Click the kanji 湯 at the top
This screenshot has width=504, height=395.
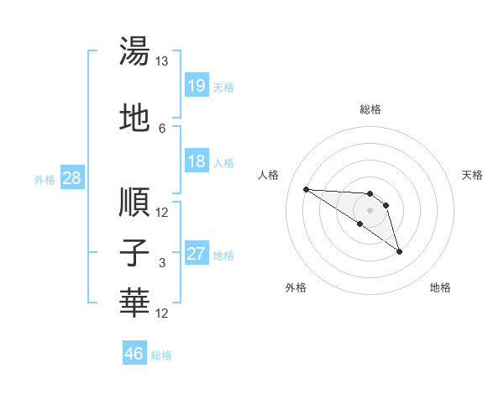(135, 52)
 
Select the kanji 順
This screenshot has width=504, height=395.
(135, 202)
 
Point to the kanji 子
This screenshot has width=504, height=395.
(135, 253)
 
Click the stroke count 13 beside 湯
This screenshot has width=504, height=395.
(162, 61)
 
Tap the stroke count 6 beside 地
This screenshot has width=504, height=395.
(162, 128)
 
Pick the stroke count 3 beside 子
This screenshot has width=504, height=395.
(162, 263)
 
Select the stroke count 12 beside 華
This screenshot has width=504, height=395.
(162, 313)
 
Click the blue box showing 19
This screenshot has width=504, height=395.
(196, 86)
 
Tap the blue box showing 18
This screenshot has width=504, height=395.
(196, 161)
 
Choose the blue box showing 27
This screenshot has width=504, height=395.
(196, 254)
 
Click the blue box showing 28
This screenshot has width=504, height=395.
(71, 178)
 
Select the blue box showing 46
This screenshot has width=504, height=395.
(134, 355)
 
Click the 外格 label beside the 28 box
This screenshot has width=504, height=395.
(45, 179)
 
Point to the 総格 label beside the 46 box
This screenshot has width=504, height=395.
(161, 355)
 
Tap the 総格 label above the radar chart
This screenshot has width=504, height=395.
(370, 109)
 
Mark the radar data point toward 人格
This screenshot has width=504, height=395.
(306, 189)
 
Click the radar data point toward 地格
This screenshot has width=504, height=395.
(399, 251)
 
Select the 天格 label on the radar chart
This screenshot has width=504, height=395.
(473, 175)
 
